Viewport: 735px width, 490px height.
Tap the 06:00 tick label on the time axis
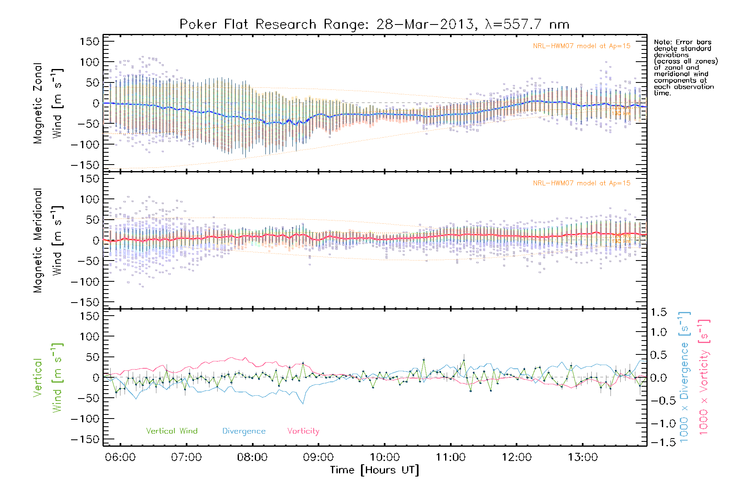[x=120, y=457]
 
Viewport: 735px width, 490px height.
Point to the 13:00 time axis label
[x=583, y=457]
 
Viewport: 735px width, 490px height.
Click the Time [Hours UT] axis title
[x=374, y=470]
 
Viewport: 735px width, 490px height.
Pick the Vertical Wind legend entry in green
[x=171, y=431]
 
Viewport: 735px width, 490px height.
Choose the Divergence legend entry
[x=244, y=431]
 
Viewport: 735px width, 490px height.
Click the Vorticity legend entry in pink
[x=303, y=431]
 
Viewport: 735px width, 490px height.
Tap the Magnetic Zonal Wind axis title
[x=48, y=103]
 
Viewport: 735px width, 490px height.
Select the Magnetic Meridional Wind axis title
[x=48, y=241]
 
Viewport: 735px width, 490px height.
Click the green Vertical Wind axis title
[x=48, y=378]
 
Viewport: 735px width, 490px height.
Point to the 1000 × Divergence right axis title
[x=684, y=378]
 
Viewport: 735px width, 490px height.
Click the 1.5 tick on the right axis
[x=659, y=312]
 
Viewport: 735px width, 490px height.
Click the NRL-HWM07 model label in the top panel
[x=581, y=46]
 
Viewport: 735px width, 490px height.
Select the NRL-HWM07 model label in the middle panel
[x=581, y=183]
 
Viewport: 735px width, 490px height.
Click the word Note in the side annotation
[x=662, y=42]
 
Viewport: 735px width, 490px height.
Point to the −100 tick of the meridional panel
[x=85, y=282]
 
